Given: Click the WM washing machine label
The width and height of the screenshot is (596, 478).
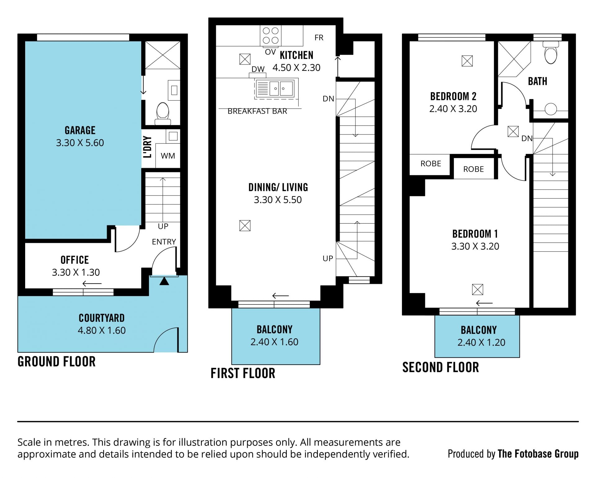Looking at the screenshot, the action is (x=168, y=156).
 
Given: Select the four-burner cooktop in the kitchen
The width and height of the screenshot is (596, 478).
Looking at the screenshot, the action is (x=271, y=35).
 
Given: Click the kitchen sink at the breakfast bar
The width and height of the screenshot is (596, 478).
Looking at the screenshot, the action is (x=277, y=89).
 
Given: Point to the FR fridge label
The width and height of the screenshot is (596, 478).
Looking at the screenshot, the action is (x=319, y=38).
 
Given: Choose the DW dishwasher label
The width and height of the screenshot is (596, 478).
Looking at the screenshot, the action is (x=258, y=69).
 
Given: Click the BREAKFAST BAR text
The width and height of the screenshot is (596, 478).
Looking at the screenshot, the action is (x=257, y=111).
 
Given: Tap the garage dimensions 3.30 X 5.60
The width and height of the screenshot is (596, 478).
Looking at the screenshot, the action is (x=80, y=143).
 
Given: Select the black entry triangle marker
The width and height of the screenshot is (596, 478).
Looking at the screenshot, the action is (x=164, y=281).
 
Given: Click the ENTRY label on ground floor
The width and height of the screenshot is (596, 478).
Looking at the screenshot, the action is (x=164, y=242).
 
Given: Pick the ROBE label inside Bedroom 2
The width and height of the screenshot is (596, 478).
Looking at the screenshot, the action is (x=431, y=163).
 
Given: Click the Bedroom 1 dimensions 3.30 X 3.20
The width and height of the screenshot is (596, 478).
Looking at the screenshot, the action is (x=475, y=246).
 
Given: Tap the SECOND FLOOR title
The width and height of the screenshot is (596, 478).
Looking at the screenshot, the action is (x=440, y=367).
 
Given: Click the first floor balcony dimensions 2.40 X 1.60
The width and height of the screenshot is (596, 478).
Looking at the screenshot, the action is (x=274, y=342).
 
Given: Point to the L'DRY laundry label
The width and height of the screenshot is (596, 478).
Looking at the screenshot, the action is (x=147, y=147).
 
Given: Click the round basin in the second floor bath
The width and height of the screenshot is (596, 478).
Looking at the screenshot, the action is (x=551, y=109).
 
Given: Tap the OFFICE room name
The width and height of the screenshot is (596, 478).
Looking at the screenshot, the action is (x=74, y=260).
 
